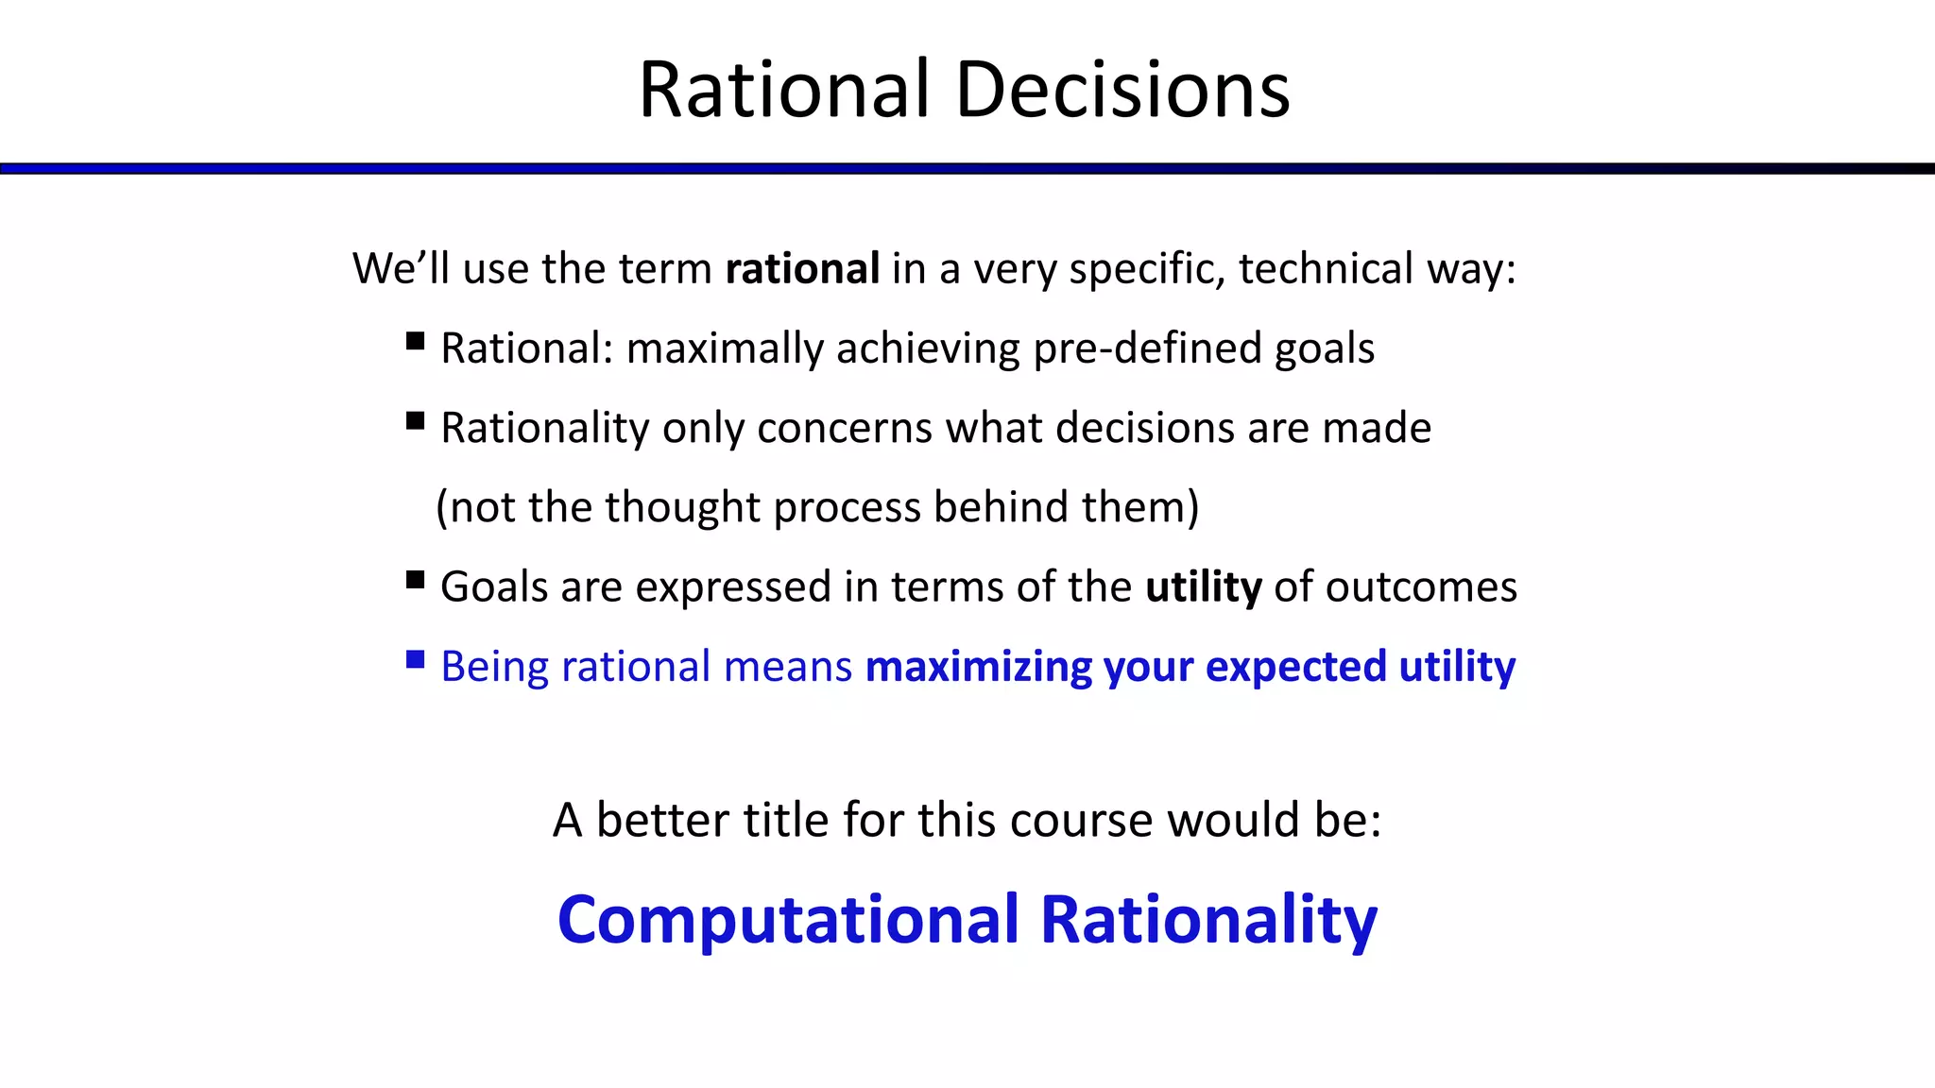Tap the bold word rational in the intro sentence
802,269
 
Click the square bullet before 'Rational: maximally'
415,341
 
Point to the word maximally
725,348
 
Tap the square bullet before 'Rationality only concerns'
415,420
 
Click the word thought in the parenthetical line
682,507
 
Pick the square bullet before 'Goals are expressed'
415,579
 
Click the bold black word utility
1203,586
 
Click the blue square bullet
415,658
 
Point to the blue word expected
1295,667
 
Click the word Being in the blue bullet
494,667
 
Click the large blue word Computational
789,920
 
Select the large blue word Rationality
1208,920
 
